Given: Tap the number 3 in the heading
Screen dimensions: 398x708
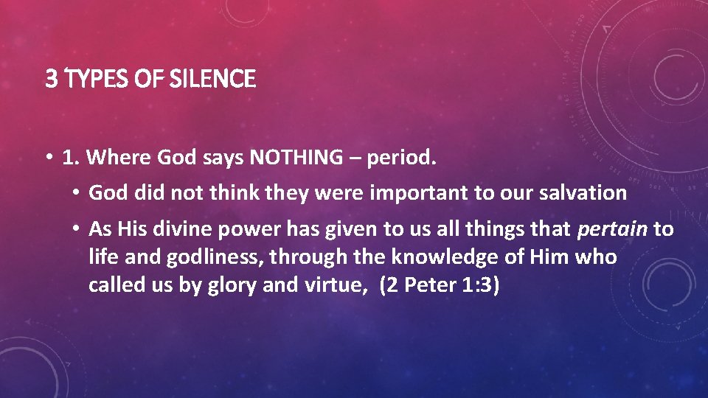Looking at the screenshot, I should pos(50,78).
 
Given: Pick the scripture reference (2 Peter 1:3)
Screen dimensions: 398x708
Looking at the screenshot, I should pos(440,285).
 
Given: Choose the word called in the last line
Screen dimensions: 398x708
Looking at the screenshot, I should pos(113,285).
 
